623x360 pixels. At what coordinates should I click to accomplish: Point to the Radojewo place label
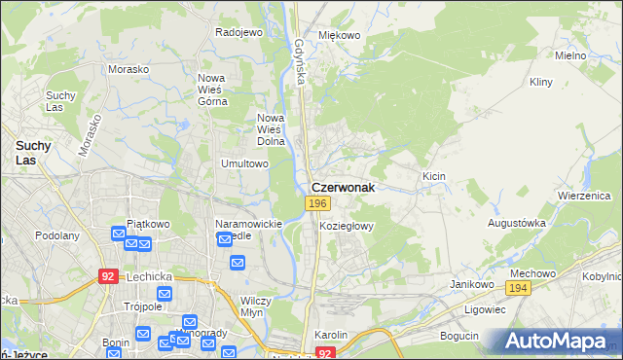[239, 32]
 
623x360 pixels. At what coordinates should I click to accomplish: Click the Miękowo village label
[340, 35]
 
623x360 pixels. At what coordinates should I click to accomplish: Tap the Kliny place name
[540, 83]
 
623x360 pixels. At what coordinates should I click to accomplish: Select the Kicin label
[433, 176]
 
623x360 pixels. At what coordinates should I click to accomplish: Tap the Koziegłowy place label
[347, 225]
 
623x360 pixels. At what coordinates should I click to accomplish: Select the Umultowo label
[244, 163]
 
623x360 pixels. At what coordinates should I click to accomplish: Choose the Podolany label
[56, 235]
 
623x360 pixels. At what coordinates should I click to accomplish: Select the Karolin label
[331, 335]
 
